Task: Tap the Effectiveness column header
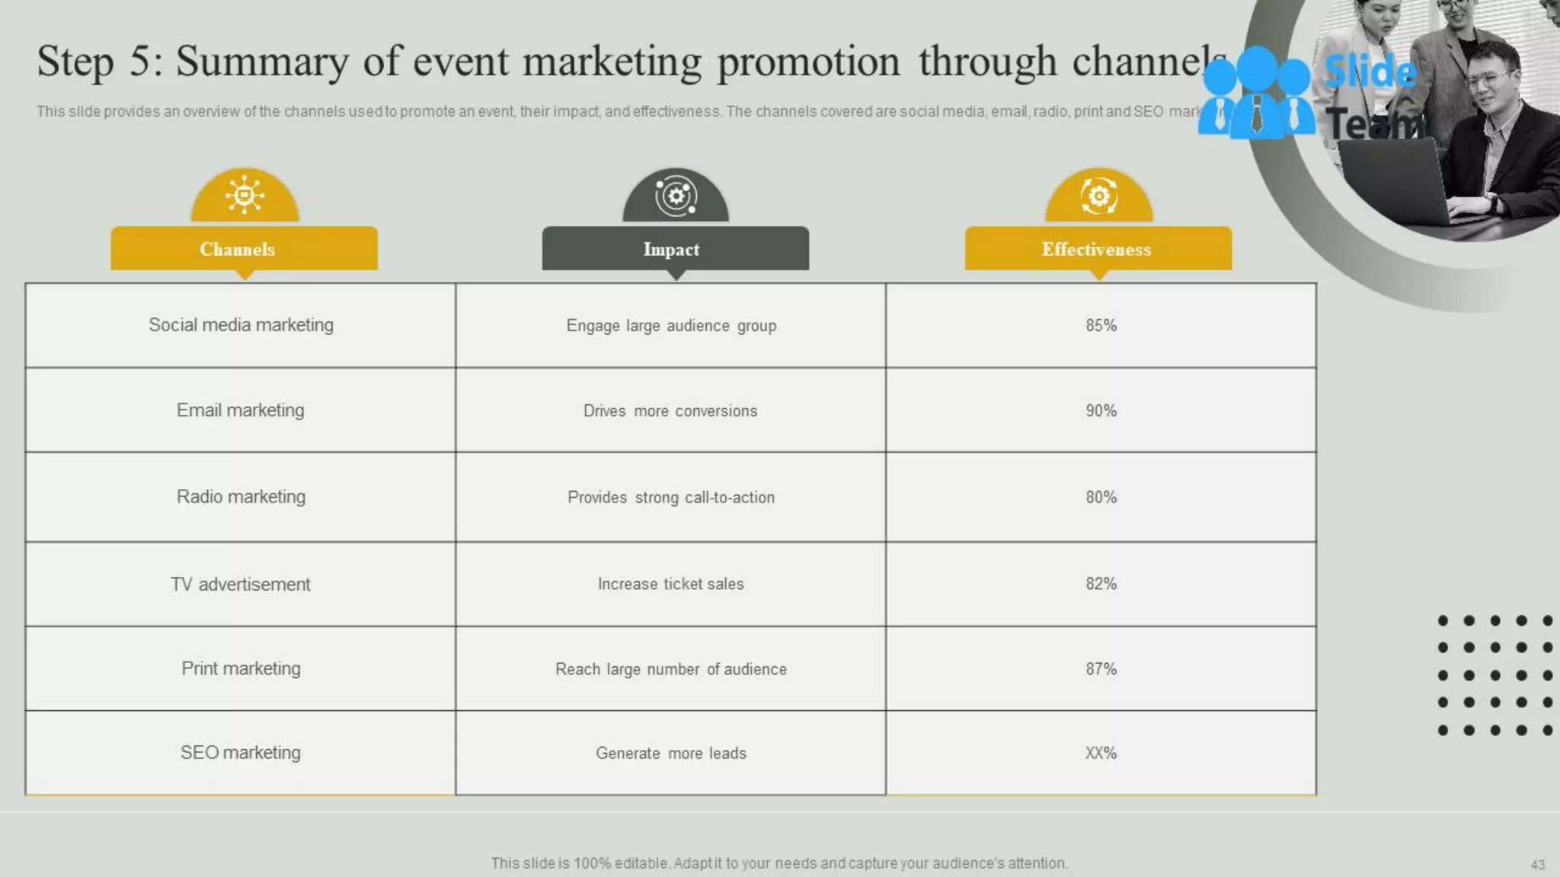tap(1098, 249)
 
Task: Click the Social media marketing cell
tap(241, 325)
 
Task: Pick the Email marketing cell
tap(241, 410)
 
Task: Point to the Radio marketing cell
tap(241, 497)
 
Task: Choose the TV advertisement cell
tap(241, 584)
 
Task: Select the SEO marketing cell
tap(241, 753)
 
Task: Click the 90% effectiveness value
tap(1101, 410)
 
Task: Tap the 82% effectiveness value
tap(1101, 584)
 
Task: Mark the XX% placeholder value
tap(1101, 753)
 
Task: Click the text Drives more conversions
tap(670, 411)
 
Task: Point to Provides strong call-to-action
tap(670, 497)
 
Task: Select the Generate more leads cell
tap(670, 753)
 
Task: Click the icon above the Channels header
tap(245, 196)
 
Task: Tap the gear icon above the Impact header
tap(676, 196)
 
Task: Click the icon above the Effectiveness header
tap(1098, 196)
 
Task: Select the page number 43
tap(1537, 865)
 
